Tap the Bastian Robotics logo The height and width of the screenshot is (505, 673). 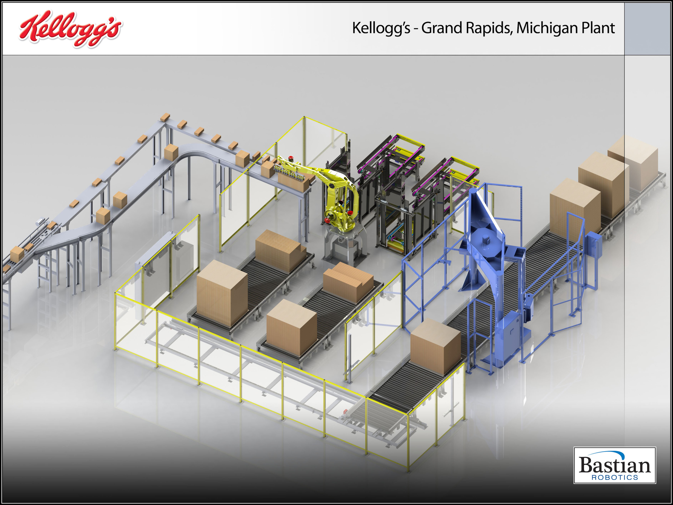615,465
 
